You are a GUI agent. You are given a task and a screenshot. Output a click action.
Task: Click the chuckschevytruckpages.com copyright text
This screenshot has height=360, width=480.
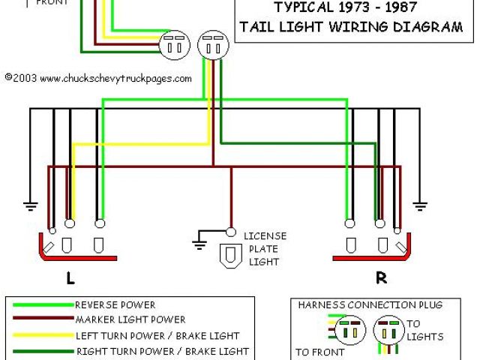98,77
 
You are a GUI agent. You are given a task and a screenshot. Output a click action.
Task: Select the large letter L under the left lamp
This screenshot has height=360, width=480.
70,278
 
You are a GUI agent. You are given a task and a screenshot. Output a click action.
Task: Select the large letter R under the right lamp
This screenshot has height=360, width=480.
381,278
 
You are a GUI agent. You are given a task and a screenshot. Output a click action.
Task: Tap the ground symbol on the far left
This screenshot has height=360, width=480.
31,205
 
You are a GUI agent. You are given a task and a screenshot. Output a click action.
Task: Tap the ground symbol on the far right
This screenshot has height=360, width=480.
421,205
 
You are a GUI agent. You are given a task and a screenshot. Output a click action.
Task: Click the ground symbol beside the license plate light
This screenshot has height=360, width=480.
200,241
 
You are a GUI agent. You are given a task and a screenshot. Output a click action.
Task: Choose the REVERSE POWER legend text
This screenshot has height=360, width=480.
115,305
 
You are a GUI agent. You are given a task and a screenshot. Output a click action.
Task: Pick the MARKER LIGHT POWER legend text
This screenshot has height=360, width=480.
130,320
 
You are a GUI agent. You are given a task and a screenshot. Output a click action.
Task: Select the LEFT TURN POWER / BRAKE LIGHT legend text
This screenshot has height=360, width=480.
157,335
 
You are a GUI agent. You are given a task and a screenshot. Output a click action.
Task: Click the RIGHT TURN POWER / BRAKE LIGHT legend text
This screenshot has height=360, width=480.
161,350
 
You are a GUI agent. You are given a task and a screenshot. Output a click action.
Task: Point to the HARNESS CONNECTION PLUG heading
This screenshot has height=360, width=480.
370,305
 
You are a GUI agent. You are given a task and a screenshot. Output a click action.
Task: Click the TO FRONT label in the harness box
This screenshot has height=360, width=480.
320,352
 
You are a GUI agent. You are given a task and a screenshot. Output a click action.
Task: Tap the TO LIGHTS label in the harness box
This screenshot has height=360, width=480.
424,331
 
